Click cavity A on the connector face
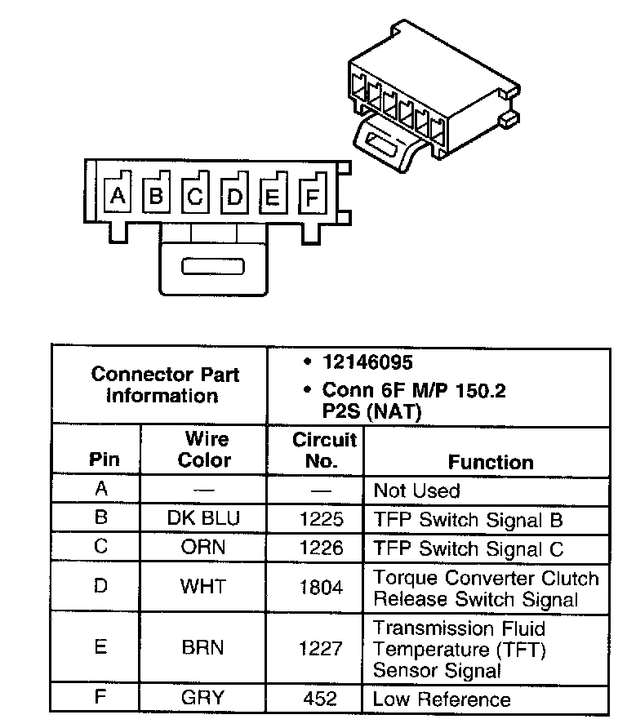click(x=118, y=196)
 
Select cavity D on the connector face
click(x=234, y=197)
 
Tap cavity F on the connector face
click(x=311, y=197)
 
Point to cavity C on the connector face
click(x=195, y=197)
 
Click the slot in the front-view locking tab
click(x=213, y=267)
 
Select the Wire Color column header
click(x=204, y=450)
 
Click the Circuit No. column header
click(x=324, y=450)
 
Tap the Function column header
click(x=490, y=462)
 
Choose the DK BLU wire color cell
click(x=204, y=518)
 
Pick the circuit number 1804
click(x=322, y=587)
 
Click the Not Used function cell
click(x=416, y=491)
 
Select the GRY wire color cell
click(x=204, y=699)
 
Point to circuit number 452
click(x=322, y=699)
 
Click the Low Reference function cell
click(x=442, y=699)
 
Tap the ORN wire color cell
click(x=204, y=548)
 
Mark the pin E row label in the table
click(x=100, y=647)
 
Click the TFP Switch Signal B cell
click(x=468, y=520)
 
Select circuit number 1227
click(x=322, y=648)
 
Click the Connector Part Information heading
click(x=165, y=385)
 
